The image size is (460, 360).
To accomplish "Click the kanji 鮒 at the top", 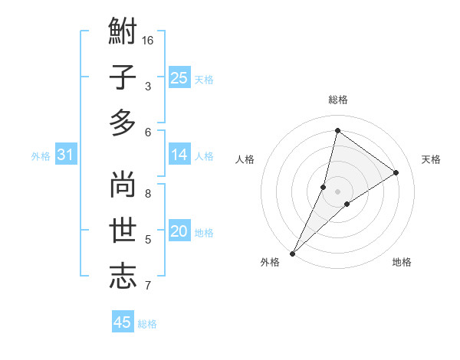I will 123,33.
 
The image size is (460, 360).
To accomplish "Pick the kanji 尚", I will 123,185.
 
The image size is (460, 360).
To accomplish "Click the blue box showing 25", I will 179,77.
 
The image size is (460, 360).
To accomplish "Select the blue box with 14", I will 179,155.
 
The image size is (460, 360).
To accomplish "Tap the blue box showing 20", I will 179,231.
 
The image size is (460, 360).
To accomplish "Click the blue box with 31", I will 66,155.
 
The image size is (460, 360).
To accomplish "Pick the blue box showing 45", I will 123,322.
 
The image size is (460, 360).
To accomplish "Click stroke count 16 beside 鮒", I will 148,39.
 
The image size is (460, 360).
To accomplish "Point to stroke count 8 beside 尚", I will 148,192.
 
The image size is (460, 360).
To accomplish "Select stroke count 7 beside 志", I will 148,286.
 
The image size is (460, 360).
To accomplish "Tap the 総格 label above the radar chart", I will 337,100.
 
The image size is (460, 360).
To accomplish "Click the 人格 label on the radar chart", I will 245,159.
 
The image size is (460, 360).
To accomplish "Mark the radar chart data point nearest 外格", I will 293,252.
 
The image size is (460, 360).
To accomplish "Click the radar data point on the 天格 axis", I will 396,173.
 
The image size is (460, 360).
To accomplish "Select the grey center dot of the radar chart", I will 337,191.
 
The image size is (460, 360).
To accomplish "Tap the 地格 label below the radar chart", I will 402,262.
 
